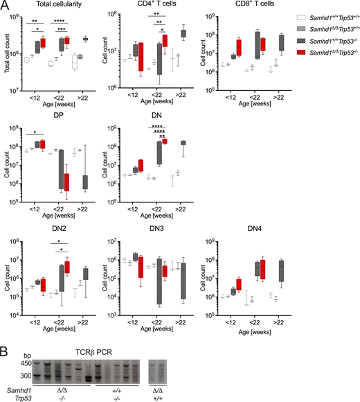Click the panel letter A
pos(6,6)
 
